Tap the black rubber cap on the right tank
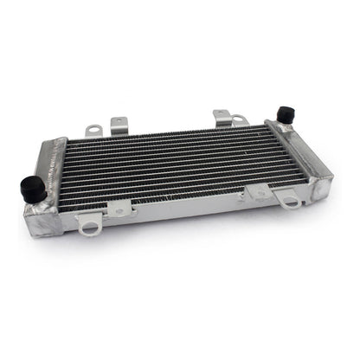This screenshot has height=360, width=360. pyautogui.click(x=282, y=115)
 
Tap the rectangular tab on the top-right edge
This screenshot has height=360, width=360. pyautogui.click(x=221, y=116)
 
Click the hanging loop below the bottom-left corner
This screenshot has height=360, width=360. pyautogui.click(x=87, y=224)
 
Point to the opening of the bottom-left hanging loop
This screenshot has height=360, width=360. pyautogui.click(x=87, y=228)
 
